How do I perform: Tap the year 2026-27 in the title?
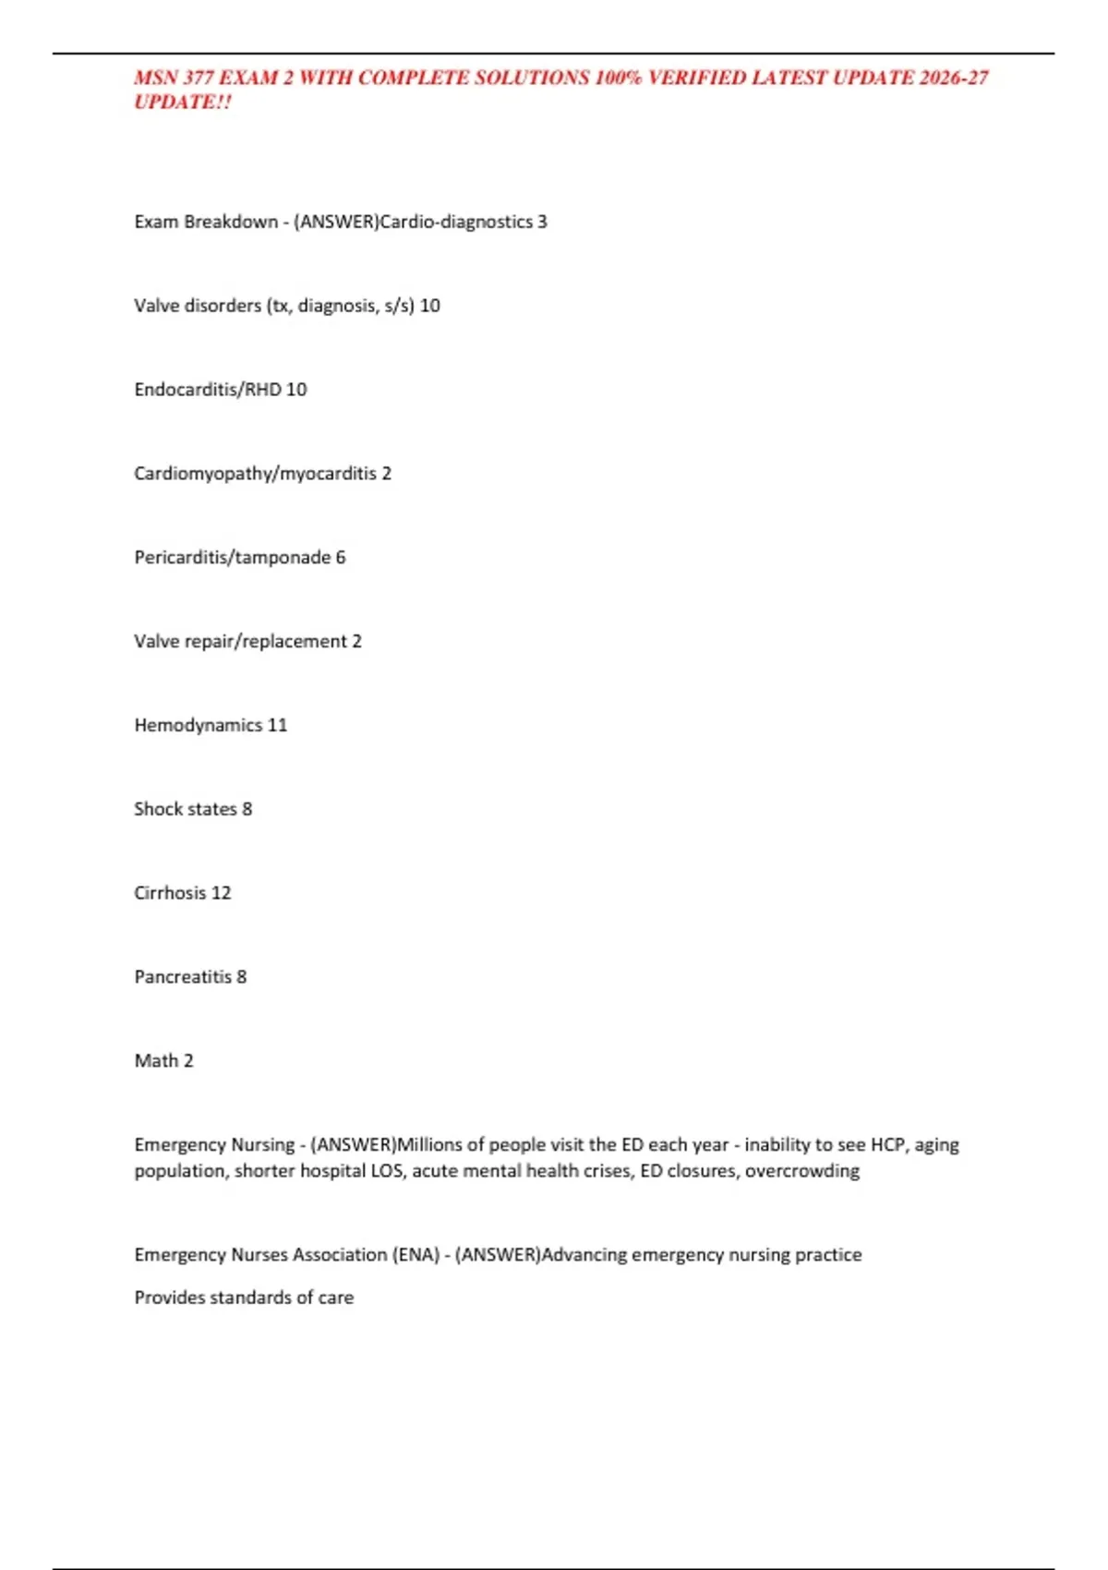coord(954,78)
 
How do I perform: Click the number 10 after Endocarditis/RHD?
coord(296,390)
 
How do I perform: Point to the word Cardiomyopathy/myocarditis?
coord(255,474)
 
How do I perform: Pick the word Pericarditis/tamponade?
coord(233,558)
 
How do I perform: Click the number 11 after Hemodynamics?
coord(277,726)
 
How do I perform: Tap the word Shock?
coord(158,809)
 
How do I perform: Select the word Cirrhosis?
coord(170,893)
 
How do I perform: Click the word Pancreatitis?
coord(183,977)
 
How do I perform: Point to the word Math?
coord(156,1061)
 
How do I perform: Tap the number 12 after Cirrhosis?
coord(221,893)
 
